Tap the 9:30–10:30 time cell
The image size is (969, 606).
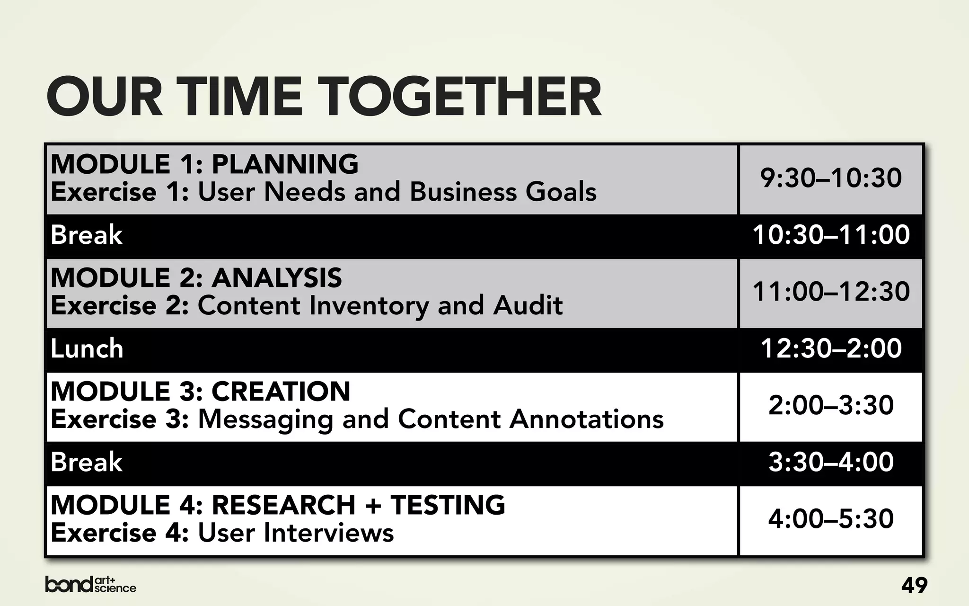coord(831,178)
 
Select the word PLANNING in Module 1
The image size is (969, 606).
coord(285,164)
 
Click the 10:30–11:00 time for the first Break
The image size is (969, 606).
coord(831,235)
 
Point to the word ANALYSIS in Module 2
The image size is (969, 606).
coord(276,278)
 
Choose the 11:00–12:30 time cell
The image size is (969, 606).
coord(831,292)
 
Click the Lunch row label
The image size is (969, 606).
coord(87,349)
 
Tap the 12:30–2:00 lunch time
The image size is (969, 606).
coord(831,348)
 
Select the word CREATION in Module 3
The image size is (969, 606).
coord(281,392)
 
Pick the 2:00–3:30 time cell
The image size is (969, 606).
coord(831,406)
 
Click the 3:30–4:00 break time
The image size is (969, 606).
coord(831,462)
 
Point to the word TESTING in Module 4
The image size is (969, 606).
coord(448,505)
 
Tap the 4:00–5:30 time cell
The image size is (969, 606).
coord(831,519)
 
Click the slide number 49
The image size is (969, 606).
coord(914,586)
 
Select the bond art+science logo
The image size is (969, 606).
coord(90,585)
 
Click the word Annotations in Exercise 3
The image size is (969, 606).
coord(586,419)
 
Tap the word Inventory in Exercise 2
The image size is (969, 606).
coord(369,306)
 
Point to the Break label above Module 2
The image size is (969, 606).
coord(87,235)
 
